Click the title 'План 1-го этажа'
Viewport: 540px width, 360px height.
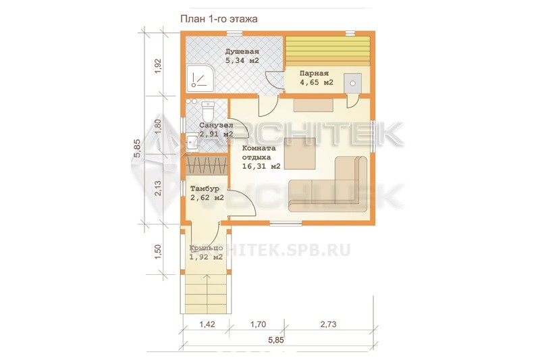[x=219, y=19]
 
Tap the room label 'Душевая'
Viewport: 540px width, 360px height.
[x=242, y=52]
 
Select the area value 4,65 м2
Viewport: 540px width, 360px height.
[x=316, y=82]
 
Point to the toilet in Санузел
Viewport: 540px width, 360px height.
[x=208, y=110]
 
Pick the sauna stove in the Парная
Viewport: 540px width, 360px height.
[x=352, y=83]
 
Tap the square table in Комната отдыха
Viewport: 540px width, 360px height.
[x=300, y=153]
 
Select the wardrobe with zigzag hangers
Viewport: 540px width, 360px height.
[x=207, y=165]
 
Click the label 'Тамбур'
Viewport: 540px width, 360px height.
[x=205, y=189]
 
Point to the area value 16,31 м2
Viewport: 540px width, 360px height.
[x=261, y=166]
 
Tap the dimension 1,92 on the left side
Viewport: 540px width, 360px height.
[x=158, y=66]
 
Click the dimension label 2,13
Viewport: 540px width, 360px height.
[x=158, y=188]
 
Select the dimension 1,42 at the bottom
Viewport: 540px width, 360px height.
[x=207, y=324]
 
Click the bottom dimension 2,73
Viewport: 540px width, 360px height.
[x=328, y=324]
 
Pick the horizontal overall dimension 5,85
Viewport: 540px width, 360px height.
[x=276, y=340]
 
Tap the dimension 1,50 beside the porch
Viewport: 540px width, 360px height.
[x=158, y=252]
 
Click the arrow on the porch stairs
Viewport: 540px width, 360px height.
[x=207, y=294]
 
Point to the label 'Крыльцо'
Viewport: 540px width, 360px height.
[x=206, y=249]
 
